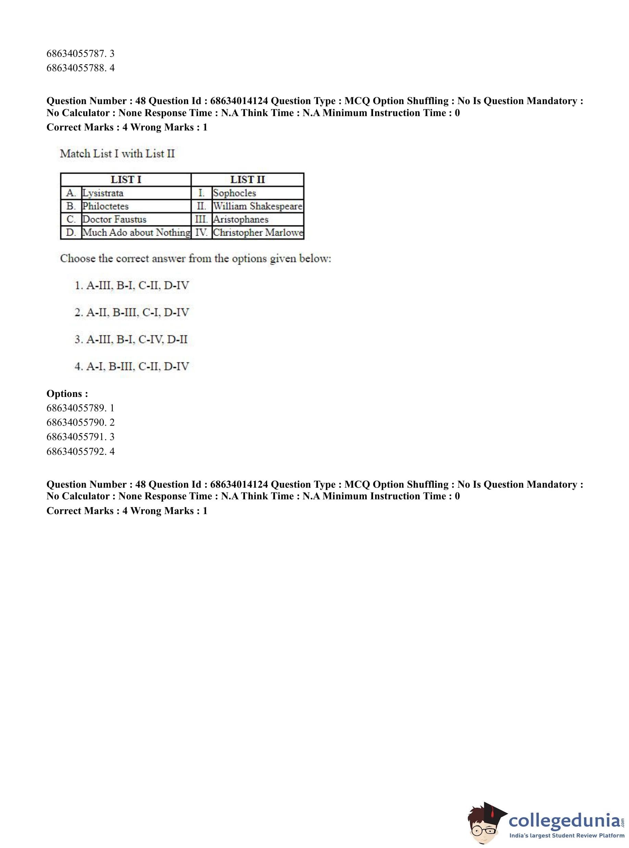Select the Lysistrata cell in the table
(103, 193)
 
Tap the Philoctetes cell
(106, 206)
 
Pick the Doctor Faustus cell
(114, 219)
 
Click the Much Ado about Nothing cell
(136, 232)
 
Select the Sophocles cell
(235, 193)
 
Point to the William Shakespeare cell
(257, 206)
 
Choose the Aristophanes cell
(241, 219)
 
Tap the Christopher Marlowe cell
(258, 232)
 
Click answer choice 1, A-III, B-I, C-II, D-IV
(132, 285)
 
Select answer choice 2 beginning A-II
(132, 312)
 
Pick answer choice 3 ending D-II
(131, 339)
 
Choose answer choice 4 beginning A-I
(132, 366)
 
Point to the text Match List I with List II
(117, 154)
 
